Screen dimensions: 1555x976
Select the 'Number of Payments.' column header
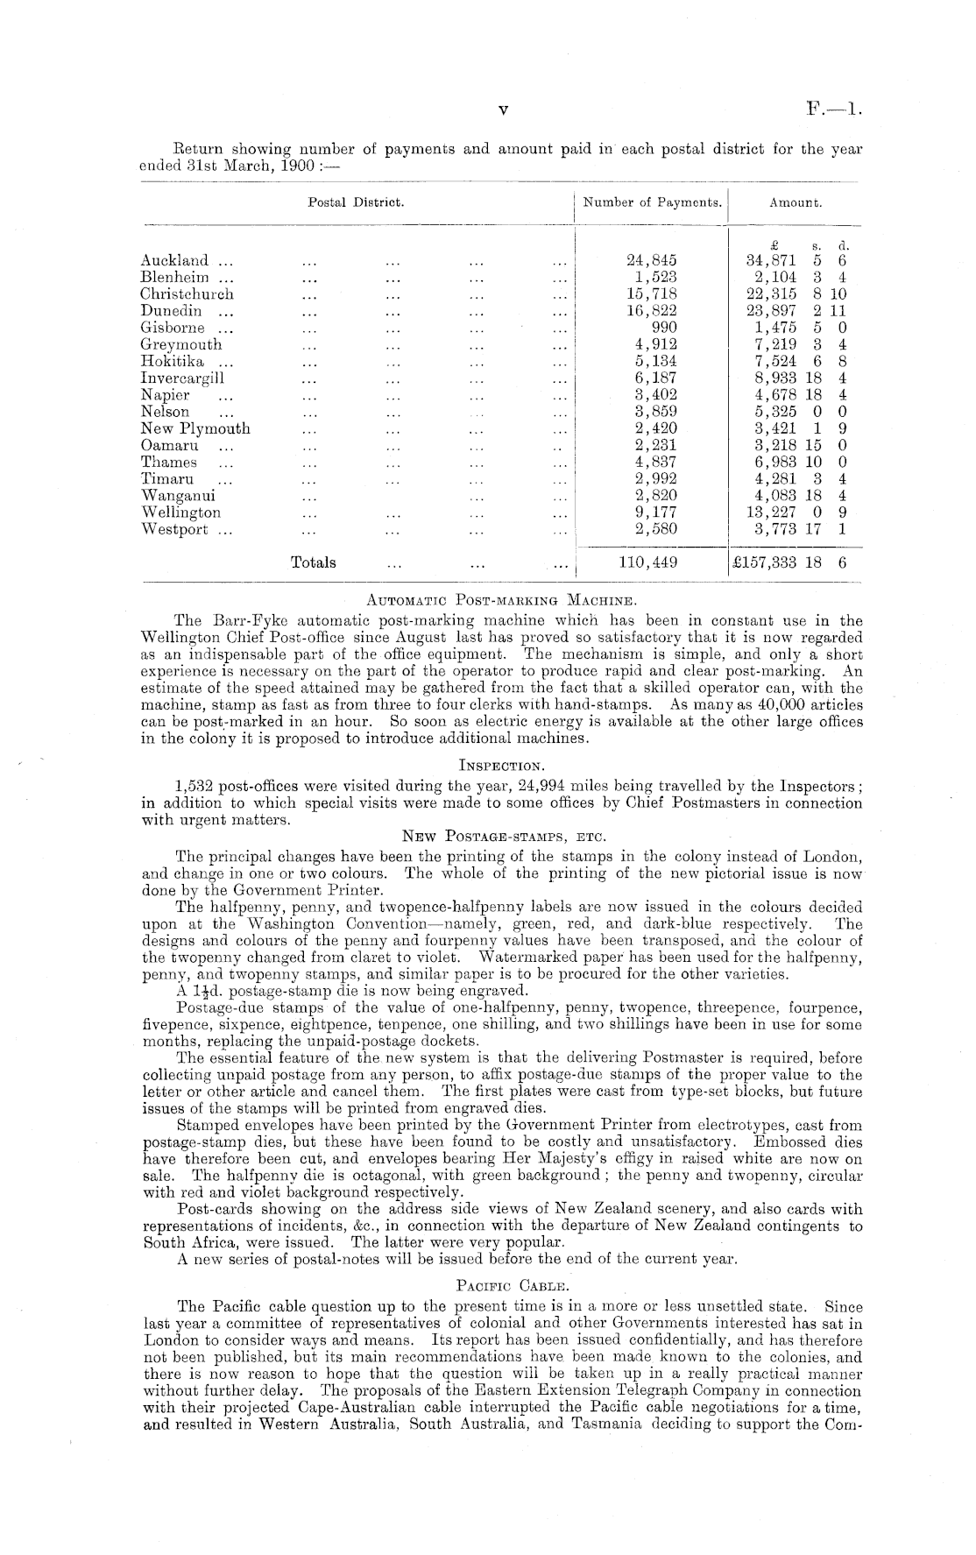click(653, 203)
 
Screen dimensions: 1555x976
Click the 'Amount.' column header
click(795, 203)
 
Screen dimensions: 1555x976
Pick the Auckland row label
click(175, 260)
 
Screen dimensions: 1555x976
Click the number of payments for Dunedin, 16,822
click(654, 311)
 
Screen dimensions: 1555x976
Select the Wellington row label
click(180, 512)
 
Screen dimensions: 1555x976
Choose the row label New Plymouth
click(195, 428)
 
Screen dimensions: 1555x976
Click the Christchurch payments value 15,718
click(654, 294)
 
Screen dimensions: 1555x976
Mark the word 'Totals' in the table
click(313, 562)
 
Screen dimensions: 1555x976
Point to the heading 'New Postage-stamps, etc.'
click(500, 838)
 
